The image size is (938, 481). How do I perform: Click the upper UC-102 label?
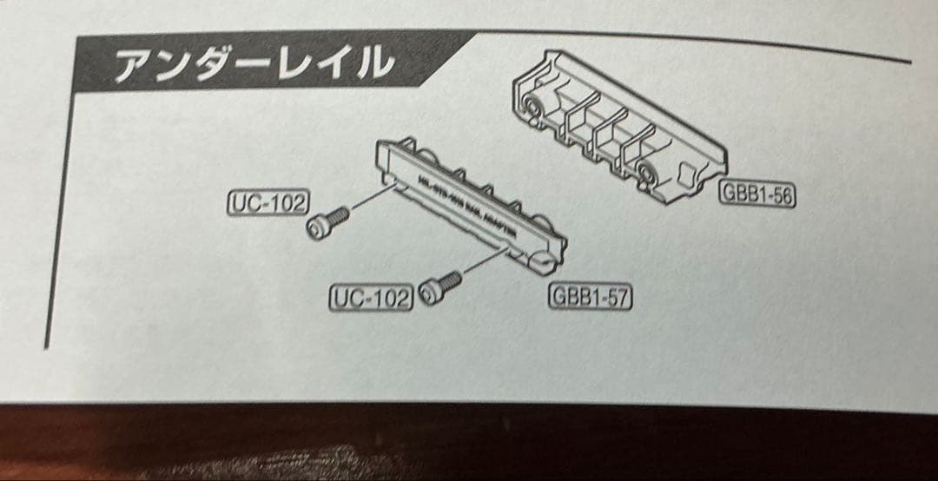pos(268,203)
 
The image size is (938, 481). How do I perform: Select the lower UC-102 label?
pos(370,298)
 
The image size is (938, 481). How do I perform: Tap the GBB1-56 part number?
pos(757,195)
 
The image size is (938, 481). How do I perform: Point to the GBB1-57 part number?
pos(590,297)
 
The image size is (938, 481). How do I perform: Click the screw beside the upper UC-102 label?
pos(327,221)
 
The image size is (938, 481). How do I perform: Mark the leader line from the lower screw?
pos(483,262)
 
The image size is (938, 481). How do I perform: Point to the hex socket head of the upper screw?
pos(318,227)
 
